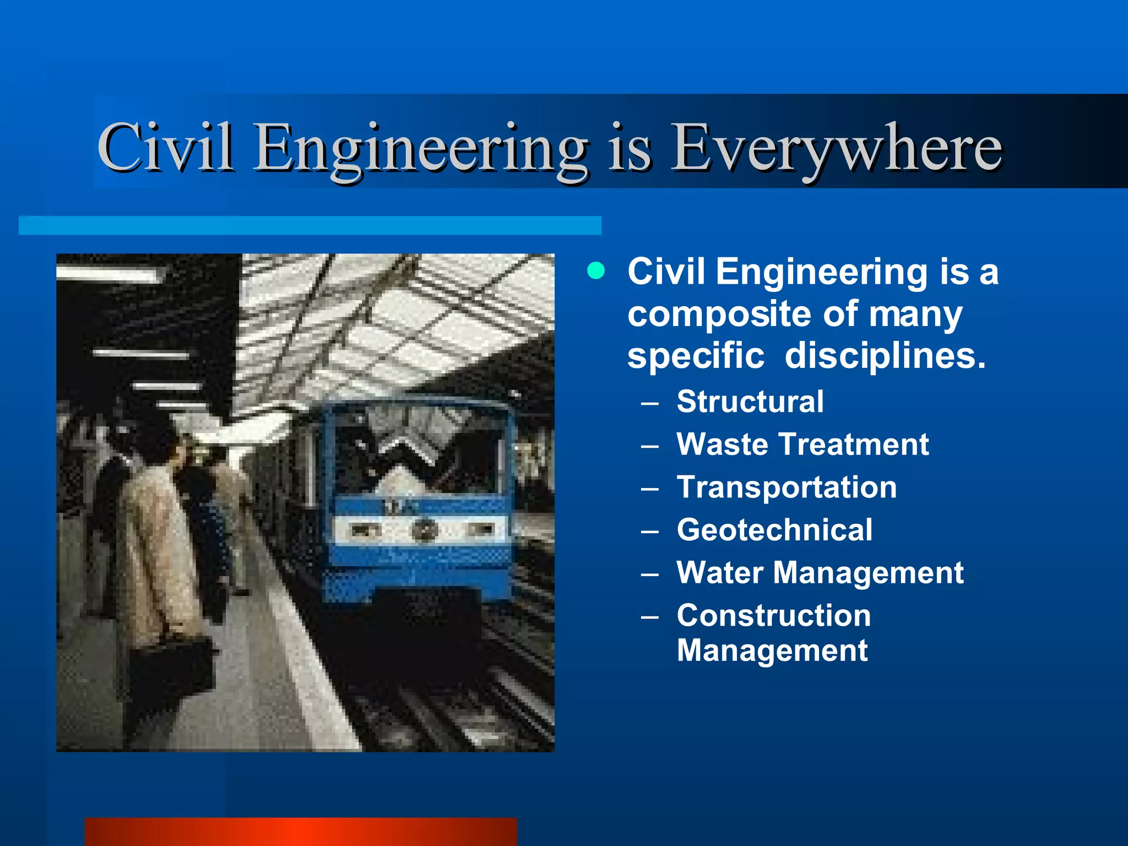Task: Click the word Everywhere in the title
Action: click(x=836, y=148)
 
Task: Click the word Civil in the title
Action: click(x=165, y=148)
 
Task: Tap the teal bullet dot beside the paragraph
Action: click(x=596, y=271)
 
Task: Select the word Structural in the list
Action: click(x=750, y=401)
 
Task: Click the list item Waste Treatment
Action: click(x=802, y=444)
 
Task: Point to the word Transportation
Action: click(x=787, y=487)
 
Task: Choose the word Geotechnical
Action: click(x=774, y=530)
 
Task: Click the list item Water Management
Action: click(x=820, y=573)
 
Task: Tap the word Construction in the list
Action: click(x=774, y=615)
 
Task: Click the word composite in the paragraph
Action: click(x=719, y=314)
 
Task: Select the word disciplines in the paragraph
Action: click(x=885, y=356)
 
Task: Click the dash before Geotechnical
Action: click(x=650, y=531)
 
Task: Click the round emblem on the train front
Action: click(x=425, y=530)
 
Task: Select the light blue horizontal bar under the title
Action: click(x=310, y=226)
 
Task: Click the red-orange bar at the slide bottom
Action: click(x=301, y=832)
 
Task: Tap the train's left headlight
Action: click(x=365, y=530)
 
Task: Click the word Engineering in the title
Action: click(x=421, y=148)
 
